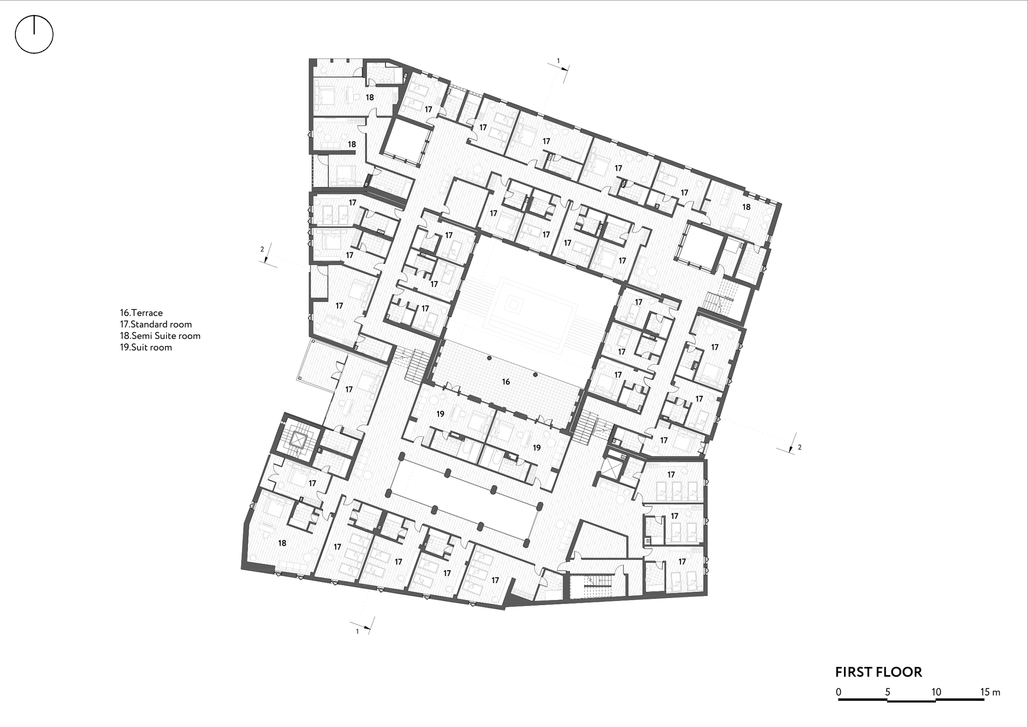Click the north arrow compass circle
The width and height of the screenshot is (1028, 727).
pyautogui.click(x=34, y=34)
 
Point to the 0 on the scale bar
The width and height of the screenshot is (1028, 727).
pyautogui.click(x=838, y=692)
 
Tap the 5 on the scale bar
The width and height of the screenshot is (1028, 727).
pyautogui.click(x=888, y=692)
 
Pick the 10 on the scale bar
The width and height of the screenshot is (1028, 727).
pyautogui.click(x=936, y=692)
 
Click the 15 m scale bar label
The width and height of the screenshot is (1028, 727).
pyautogui.click(x=990, y=692)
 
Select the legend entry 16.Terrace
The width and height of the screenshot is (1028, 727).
pyautogui.click(x=141, y=313)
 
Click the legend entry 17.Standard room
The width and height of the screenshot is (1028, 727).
pyautogui.click(x=156, y=324)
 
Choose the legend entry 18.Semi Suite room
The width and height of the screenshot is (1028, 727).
pyautogui.click(x=160, y=336)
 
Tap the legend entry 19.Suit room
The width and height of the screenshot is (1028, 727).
pyautogui.click(x=146, y=348)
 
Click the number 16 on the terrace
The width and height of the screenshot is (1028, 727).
pyautogui.click(x=506, y=381)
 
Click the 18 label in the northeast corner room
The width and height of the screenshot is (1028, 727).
pyautogui.click(x=746, y=207)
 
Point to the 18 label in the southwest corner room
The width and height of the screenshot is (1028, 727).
pyautogui.click(x=282, y=543)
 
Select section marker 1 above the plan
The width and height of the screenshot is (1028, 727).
pyautogui.click(x=558, y=61)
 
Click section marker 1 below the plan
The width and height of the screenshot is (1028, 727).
pyautogui.click(x=358, y=631)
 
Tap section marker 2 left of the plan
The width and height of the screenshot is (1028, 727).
pyautogui.click(x=262, y=249)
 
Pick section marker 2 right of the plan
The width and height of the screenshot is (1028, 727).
pyautogui.click(x=799, y=447)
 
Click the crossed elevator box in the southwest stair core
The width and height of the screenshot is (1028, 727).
pyautogui.click(x=299, y=440)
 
